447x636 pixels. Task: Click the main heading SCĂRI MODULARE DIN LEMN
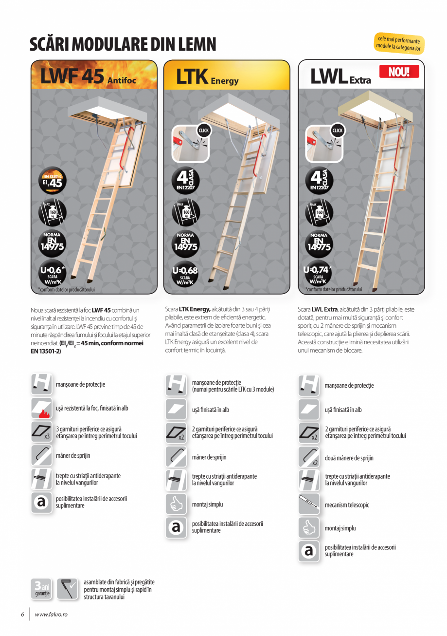tap(123, 44)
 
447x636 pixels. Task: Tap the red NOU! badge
tap(398, 72)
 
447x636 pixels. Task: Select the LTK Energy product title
tap(207, 77)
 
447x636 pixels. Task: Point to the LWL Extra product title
tap(340, 77)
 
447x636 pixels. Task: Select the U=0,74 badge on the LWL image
tap(318, 274)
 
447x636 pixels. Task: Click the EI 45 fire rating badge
tap(52, 182)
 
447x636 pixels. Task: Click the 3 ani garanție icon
tap(42, 589)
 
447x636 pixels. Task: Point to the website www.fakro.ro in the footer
tap(51, 615)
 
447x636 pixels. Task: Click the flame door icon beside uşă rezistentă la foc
tap(42, 409)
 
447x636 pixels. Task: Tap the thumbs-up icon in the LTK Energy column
tap(176, 505)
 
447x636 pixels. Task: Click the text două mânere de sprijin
tap(349, 458)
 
